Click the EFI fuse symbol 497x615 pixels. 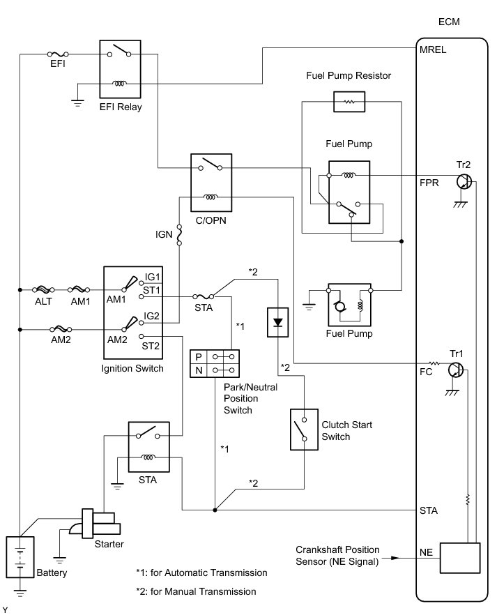[x=58, y=54]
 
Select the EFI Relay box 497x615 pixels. [x=120, y=68]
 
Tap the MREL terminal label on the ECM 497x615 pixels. [x=433, y=50]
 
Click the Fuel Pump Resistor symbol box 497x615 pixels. [x=349, y=102]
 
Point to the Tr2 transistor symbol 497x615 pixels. [x=464, y=182]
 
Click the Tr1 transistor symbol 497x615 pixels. [x=455, y=370]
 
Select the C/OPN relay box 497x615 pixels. [x=211, y=183]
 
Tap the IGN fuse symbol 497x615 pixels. [x=179, y=235]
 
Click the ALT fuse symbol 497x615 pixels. [x=43, y=290]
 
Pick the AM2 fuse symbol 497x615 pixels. [x=61, y=329]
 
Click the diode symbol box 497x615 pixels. [x=278, y=322]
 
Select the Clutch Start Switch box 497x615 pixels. [x=304, y=430]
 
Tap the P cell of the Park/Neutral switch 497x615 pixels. [x=199, y=357]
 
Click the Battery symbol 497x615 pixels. [x=20, y=557]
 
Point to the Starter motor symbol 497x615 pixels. [x=95, y=524]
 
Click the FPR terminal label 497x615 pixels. [x=429, y=183]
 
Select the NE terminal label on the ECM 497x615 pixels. [x=426, y=553]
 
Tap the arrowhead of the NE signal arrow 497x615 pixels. [x=395, y=557]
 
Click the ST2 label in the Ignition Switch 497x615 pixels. [x=151, y=346]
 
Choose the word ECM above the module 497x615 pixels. [x=449, y=22]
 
